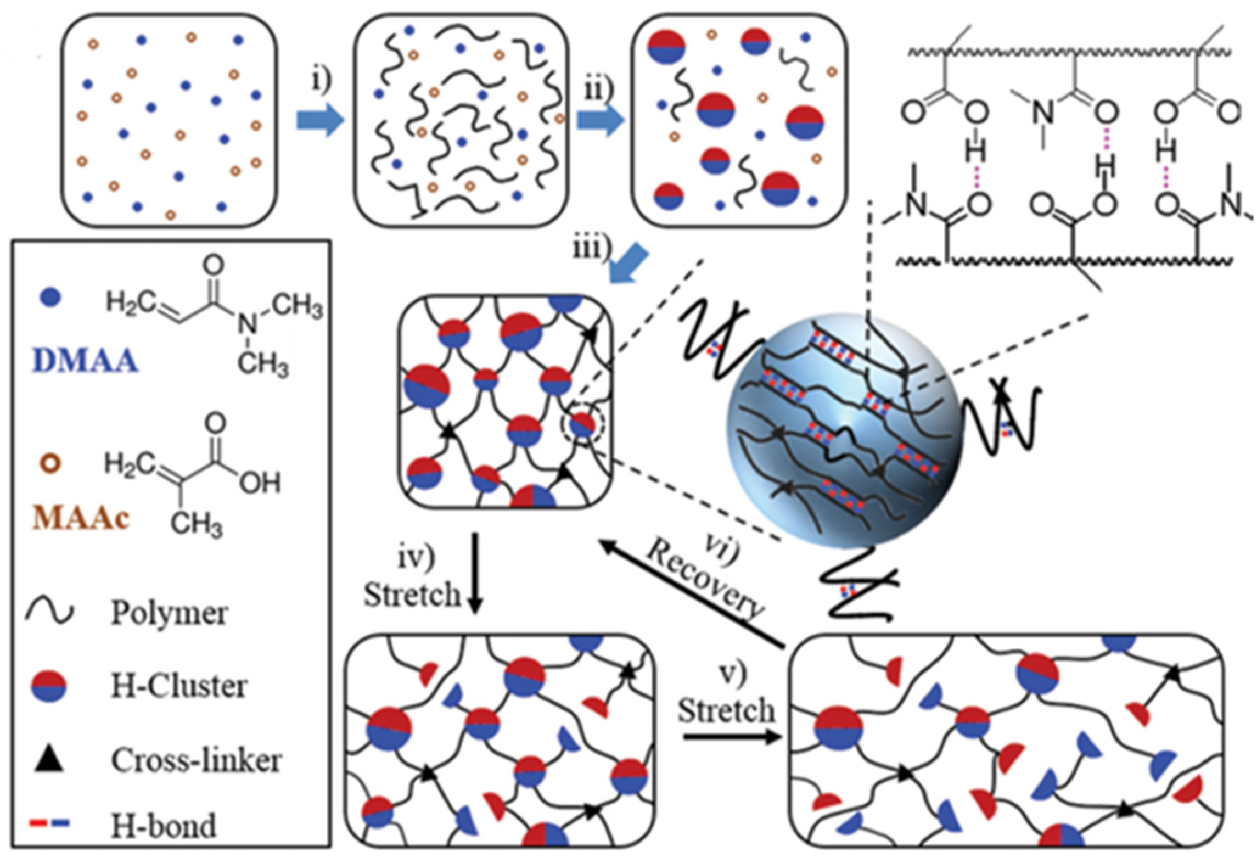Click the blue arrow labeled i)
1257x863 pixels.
[x=320, y=120]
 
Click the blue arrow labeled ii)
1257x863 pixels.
[x=600, y=120]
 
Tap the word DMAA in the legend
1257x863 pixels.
[x=85, y=362]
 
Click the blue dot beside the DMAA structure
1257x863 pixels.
[x=50, y=298]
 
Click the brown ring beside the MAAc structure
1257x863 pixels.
[x=50, y=463]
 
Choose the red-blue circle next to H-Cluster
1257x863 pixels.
[x=49, y=686]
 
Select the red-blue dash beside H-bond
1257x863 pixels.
[x=49, y=823]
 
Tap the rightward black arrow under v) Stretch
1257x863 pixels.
[x=732, y=736]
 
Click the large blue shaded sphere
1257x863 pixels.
[x=843, y=431]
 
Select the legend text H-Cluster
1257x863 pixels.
[x=179, y=686]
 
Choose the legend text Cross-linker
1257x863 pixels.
[x=196, y=760]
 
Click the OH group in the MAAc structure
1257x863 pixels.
[x=259, y=483]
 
